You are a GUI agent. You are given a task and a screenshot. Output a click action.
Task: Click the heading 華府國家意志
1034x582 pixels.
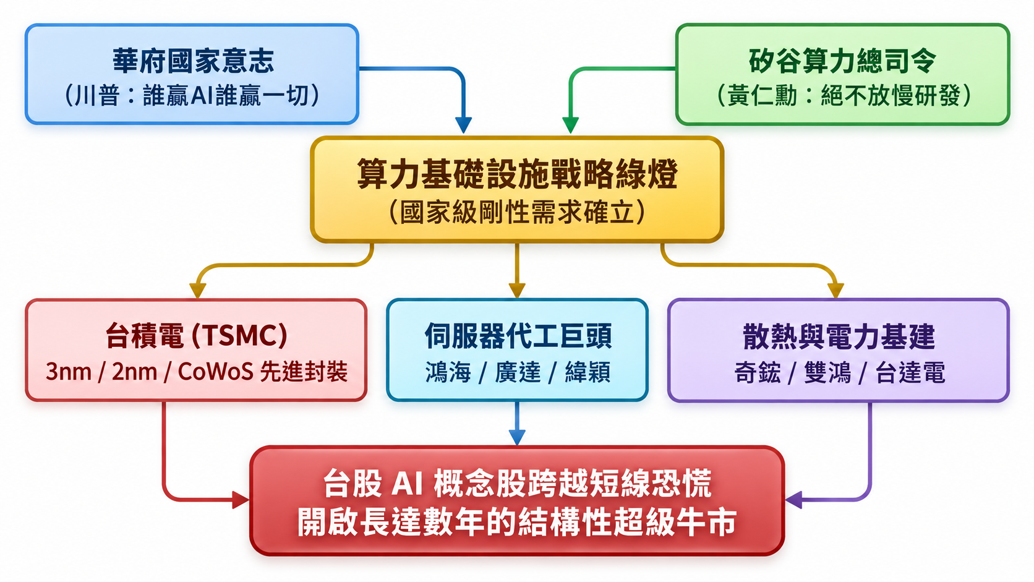pos(193,61)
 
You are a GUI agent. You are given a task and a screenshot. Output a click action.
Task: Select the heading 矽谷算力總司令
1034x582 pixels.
pos(842,61)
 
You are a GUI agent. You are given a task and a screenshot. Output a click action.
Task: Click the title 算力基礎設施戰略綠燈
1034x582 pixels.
pos(517,174)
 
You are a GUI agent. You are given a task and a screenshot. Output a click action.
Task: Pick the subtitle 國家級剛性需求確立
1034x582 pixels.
pos(517,212)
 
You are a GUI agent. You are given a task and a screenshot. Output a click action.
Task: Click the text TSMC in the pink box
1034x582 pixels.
pos(239,335)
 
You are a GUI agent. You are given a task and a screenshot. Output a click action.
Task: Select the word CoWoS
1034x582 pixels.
pos(215,371)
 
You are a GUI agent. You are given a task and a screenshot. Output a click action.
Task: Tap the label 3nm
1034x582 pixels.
pos(68,372)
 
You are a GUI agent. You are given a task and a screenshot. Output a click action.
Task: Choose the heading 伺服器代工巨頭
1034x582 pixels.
pos(518,336)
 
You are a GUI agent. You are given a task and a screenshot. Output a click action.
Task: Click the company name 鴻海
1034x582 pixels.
pos(448,372)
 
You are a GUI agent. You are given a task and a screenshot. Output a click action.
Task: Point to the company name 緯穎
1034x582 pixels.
pos(587,372)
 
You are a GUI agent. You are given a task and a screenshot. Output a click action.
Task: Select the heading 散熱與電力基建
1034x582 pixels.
pos(839,336)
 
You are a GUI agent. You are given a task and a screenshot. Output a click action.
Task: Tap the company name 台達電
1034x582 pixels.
pos(910,372)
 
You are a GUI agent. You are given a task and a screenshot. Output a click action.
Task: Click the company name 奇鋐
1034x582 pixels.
pos(757,372)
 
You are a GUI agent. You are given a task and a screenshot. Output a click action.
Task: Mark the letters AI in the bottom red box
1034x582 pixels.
pos(407,484)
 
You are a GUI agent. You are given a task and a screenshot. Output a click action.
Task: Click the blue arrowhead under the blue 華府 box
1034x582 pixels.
pos(463,125)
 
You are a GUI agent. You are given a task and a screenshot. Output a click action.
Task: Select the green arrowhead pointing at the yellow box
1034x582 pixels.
pos(570,125)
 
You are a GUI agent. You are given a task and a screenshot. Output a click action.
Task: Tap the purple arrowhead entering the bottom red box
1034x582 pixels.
pos(793,500)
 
